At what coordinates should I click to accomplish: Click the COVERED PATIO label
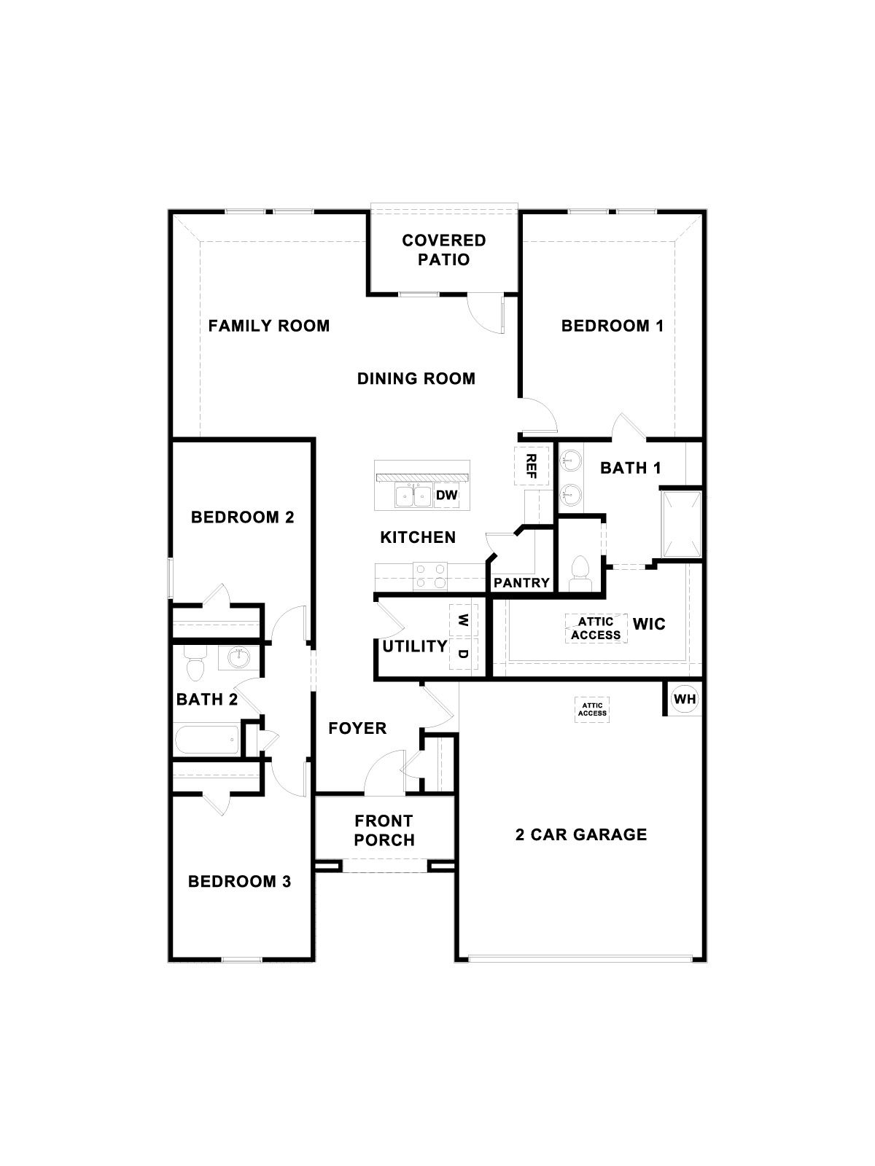(444, 250)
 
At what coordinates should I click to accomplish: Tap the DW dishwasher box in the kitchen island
(446, 496)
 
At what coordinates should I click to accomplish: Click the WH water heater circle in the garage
(685, 700)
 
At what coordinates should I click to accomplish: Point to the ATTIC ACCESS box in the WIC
(596, 628)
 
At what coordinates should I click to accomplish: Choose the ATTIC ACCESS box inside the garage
(592, 709)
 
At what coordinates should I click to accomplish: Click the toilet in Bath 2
(195, 663)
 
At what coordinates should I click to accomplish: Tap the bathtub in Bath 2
(206, 742)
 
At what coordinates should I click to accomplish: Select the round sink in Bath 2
(238, 658)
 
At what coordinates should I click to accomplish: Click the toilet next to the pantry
(580, 572)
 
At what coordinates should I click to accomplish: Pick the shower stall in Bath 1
(680, 523)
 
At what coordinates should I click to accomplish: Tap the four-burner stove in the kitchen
(430, 576)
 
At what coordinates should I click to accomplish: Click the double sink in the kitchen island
(413, 497)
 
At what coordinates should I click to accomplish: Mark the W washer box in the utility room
(463, 620)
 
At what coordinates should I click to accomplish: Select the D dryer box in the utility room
(463, 654)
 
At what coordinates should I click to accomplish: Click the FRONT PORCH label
(384, 830)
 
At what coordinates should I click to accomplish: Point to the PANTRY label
(521, 583)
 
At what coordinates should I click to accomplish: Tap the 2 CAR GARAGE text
(581, 834)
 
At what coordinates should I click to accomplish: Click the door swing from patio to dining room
(483, 311)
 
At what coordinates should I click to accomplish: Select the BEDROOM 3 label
(239, 882)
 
